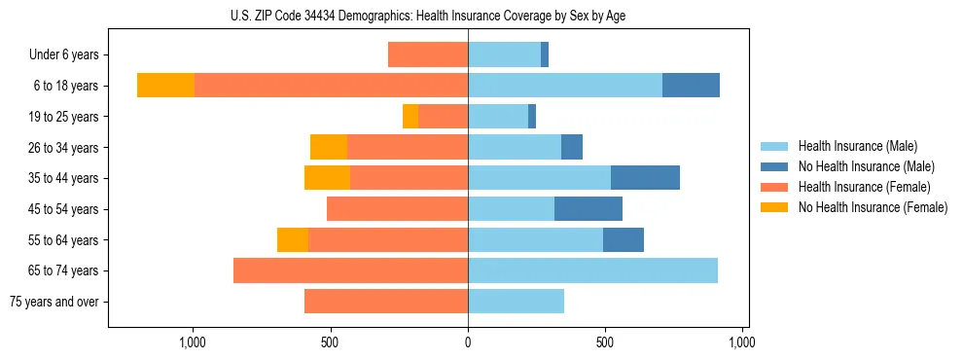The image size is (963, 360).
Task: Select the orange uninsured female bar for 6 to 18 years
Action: [165, 86]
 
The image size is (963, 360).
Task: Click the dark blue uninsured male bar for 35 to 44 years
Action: [645, 178]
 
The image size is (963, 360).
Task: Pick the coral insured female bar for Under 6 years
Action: [428, 54]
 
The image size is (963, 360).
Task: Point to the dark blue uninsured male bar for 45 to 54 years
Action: [588, 209]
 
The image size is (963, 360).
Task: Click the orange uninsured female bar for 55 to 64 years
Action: [293, 239]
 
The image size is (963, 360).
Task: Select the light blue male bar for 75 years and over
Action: [516, 302]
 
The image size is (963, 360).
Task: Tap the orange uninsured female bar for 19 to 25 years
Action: [410, 117]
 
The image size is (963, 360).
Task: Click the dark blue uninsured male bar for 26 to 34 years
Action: [572, 147]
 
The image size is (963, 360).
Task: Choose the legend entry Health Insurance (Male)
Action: [857, 146]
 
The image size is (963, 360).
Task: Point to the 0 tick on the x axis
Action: [468, 342]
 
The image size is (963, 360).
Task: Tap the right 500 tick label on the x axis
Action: [605, 342]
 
